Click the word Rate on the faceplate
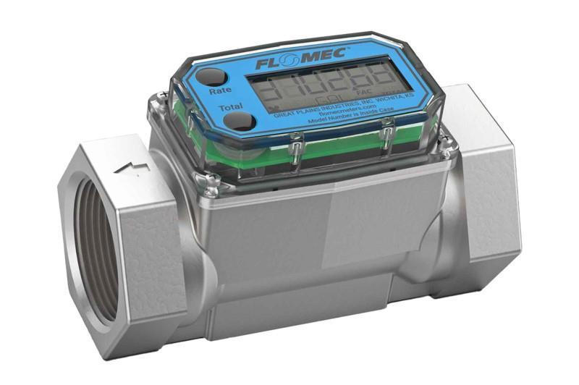pos(220,92)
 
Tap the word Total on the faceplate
pos(231,109)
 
